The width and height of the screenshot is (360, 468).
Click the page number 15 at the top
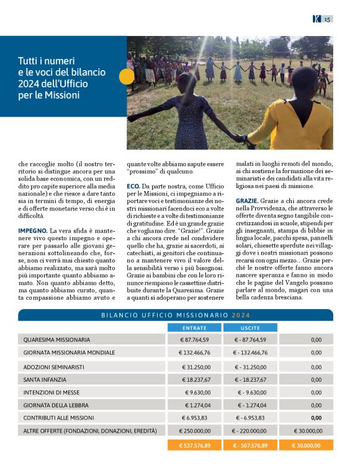pos(327,19)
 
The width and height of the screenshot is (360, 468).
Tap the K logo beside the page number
pos(317,19)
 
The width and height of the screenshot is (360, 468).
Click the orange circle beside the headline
pos(127,76)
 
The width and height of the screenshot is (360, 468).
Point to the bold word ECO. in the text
pos(133,186)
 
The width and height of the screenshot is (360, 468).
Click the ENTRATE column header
pos(194,328)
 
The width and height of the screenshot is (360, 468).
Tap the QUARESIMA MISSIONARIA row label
pos(56,340)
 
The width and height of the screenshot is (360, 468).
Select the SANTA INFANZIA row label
pos(48,380)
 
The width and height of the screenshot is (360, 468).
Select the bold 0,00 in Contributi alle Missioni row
pos(316,418)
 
